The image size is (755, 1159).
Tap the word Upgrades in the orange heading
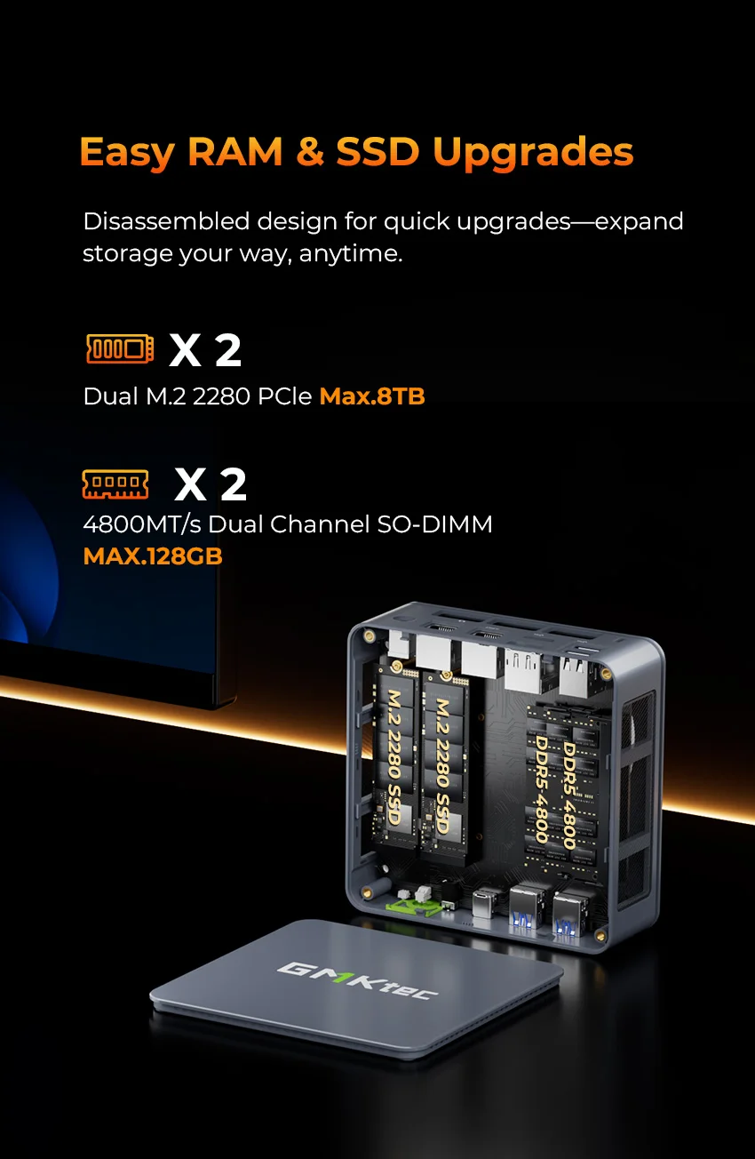(533, 153)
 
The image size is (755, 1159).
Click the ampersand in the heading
(310, 152)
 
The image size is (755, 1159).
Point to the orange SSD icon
(119, 348)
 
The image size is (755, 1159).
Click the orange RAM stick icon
(115, 484)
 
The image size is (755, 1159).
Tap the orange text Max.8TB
(372, 396)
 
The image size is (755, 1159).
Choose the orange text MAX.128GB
(152, 556)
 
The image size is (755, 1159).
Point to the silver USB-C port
(486, 903)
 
